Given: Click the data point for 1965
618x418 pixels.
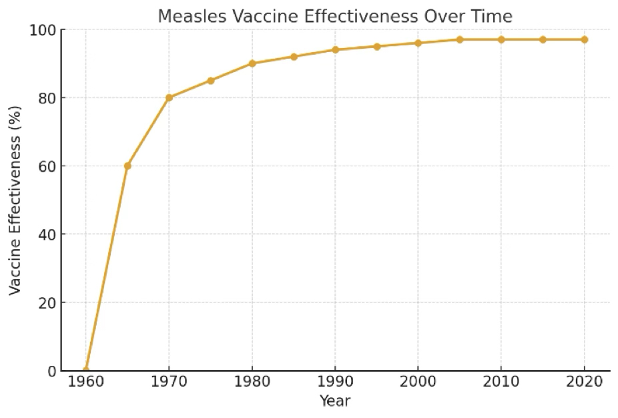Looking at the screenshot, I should [x=127, y=166].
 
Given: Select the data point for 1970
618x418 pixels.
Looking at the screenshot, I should [x=169, y=97].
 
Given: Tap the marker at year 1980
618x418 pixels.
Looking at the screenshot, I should [x=252, y=63].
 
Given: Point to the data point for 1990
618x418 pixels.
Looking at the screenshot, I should [x=336, y=49].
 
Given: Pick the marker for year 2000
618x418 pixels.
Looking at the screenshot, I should [x=418, y=43].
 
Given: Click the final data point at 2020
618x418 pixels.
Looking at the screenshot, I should [x=585, y=39].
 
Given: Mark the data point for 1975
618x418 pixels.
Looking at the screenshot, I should [x=211, y=80].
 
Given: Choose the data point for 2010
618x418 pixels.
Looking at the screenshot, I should [x=502, y=39].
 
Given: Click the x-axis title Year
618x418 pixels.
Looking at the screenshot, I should [x=335, y=401].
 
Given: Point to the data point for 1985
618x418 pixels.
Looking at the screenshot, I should [x=294, y=57].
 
